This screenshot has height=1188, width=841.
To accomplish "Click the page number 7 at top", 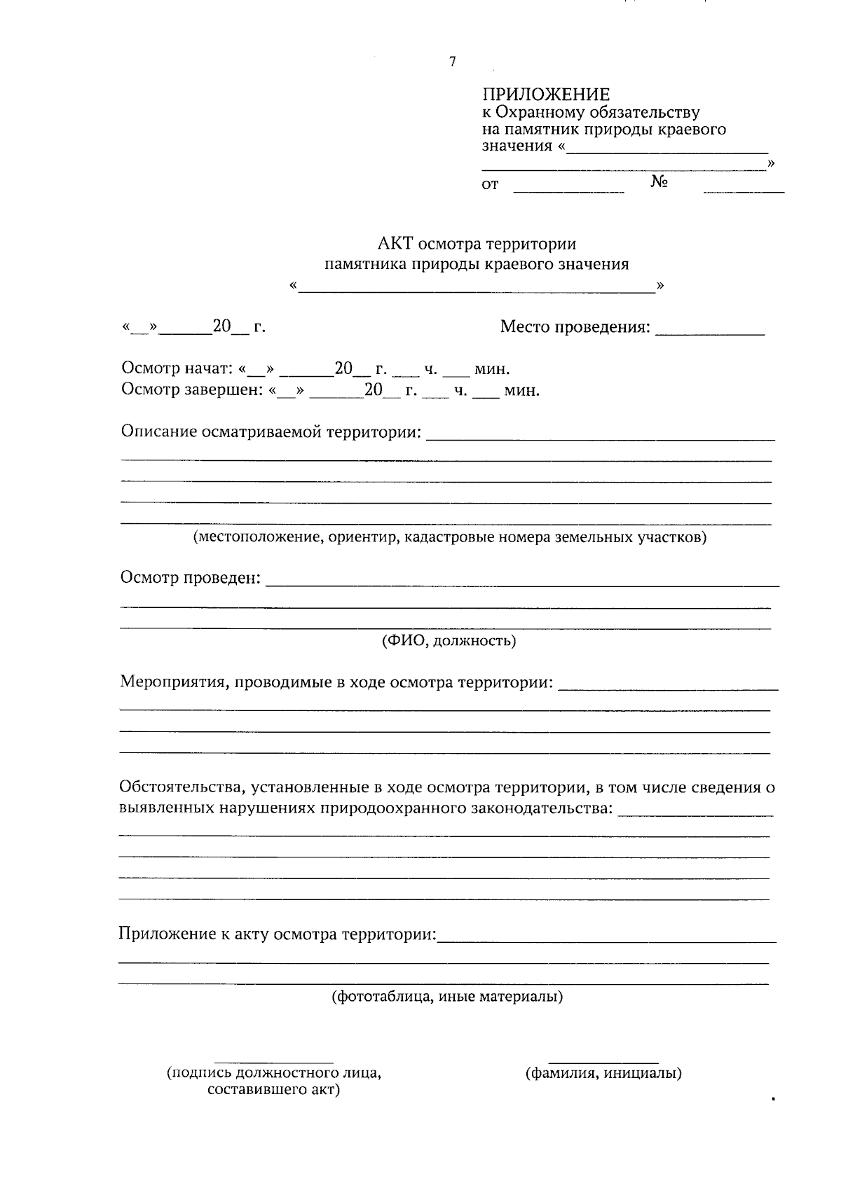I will (x=452, y=62).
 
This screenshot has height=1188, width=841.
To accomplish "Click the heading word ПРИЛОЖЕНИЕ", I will (x=545, y=95).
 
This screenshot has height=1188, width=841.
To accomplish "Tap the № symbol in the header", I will (x=659, y=182).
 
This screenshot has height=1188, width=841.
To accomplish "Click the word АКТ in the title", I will (x=396, y=244).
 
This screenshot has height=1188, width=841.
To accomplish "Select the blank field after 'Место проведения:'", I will (x=709, y=329).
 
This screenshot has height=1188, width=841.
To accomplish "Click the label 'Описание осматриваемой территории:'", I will (x=271, y=431).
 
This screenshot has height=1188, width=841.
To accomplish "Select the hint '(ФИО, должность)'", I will (x=449, y=640).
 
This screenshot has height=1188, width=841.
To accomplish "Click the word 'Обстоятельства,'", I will (x=179, y=787).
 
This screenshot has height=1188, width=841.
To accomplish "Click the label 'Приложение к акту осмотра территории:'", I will (x=277, y=934).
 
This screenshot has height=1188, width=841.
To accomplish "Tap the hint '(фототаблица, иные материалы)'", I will (x=447, y=996).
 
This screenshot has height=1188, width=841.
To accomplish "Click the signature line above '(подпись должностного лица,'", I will (x=273, y=1063).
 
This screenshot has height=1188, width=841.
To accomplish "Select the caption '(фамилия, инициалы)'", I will (x=603, y=1073).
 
